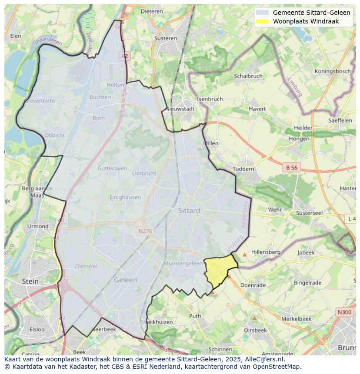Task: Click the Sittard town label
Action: click(189, 210)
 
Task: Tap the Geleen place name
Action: click(125, 280)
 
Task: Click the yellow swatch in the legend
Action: click(262, 21)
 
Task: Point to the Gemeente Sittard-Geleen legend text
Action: click(311, 13)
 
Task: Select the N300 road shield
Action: click(344, 312)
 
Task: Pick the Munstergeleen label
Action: click(183, 263)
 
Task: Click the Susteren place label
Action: click(166, 38)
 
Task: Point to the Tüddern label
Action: click(243, 169)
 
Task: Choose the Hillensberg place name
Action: click(266, 252)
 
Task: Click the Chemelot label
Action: click(86, 266)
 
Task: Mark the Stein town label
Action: click(30, 281)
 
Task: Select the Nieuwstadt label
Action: click(180, 109)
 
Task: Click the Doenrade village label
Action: click(253, 285)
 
